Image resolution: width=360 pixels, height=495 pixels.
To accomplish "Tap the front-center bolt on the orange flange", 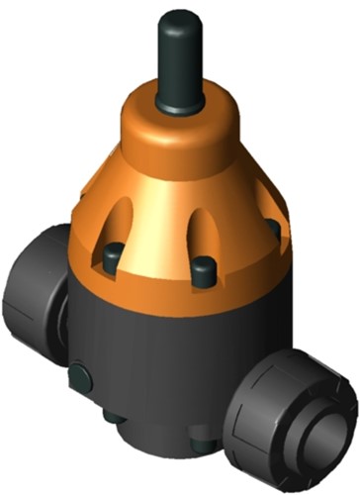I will tap(203, 272).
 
